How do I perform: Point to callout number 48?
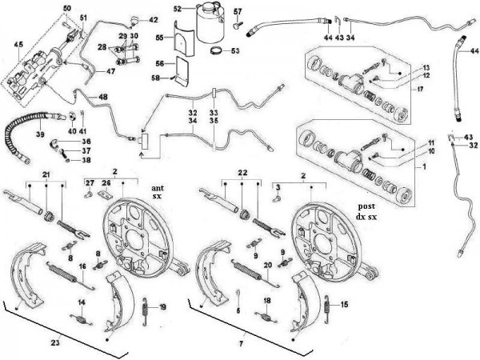tap(102, 98)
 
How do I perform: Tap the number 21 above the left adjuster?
tap(46, 175)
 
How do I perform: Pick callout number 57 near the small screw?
tap(238, 10)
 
